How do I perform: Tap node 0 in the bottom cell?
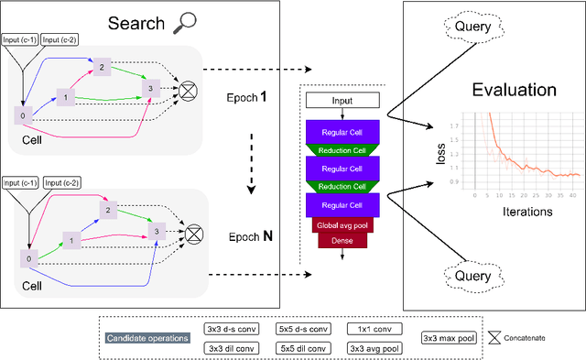(27, 258)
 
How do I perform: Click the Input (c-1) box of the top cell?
(22, 40)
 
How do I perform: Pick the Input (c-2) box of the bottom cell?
(63, 183)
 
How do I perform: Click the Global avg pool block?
(341, 224)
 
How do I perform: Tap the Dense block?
(341, 240)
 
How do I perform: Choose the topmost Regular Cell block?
(341, 130)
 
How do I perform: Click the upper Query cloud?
(475, 28)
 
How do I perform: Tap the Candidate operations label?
(147, 338)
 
